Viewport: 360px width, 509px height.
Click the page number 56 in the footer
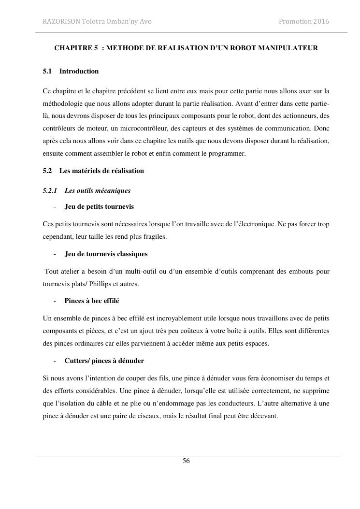pos(186,461)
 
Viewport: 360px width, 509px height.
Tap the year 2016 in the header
pos(321,21)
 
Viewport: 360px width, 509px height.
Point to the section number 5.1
pos(47,71)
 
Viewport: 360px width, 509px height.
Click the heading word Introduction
pos(79,71)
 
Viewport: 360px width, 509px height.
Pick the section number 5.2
pos(47,171)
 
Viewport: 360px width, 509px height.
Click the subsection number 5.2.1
pos(50,190)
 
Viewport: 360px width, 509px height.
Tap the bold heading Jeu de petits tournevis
pos(99,206)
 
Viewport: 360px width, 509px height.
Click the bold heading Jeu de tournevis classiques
pos(106,254)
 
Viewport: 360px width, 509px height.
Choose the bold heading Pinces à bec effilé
pos(92,301)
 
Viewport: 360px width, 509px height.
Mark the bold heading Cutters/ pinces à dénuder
pos(104,361)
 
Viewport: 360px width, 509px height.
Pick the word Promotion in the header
pos(294,21)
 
